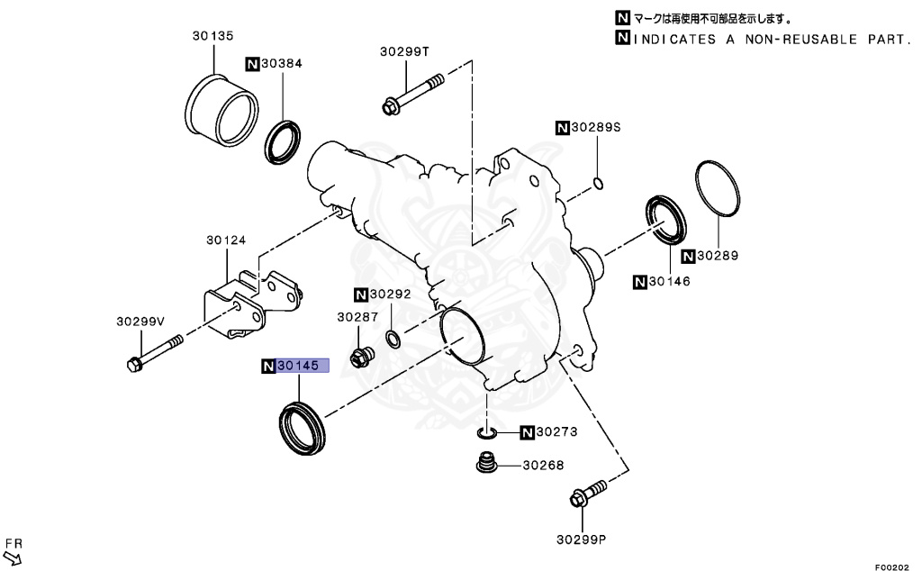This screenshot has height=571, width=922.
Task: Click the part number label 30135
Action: point(212,36)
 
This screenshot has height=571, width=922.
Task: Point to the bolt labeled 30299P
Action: point(587,495)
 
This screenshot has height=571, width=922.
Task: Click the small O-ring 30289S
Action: point(598,186)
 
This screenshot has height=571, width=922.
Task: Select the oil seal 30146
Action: point(666,220)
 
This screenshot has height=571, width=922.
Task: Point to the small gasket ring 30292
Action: point(394,340)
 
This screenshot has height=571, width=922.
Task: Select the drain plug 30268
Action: point(487,467)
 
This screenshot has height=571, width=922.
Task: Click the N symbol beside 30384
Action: point(253,64)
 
